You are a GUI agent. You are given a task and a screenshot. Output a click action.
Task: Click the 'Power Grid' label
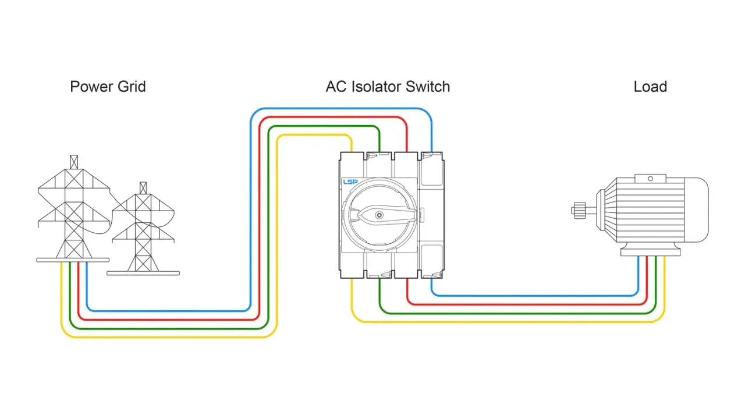108,87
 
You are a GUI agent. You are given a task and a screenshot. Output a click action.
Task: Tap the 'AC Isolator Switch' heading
388,87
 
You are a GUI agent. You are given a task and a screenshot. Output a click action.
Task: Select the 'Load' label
650,87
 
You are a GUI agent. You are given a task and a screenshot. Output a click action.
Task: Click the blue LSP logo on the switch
350,182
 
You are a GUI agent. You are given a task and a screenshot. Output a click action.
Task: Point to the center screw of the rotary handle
379,215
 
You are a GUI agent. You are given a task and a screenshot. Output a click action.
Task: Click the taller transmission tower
73,209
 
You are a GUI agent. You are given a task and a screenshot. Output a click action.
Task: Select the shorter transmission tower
143,229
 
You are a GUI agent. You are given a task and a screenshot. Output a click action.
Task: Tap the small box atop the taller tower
74,162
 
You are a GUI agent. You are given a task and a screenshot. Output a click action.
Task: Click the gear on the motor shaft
579,211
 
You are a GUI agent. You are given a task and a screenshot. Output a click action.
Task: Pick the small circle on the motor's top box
650,179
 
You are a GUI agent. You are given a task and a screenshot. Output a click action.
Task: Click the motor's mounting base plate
651,253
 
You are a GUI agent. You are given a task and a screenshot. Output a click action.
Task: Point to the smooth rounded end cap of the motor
697,210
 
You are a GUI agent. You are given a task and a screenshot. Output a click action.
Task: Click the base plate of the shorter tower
143,274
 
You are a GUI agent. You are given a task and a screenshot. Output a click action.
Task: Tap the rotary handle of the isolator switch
386,215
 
